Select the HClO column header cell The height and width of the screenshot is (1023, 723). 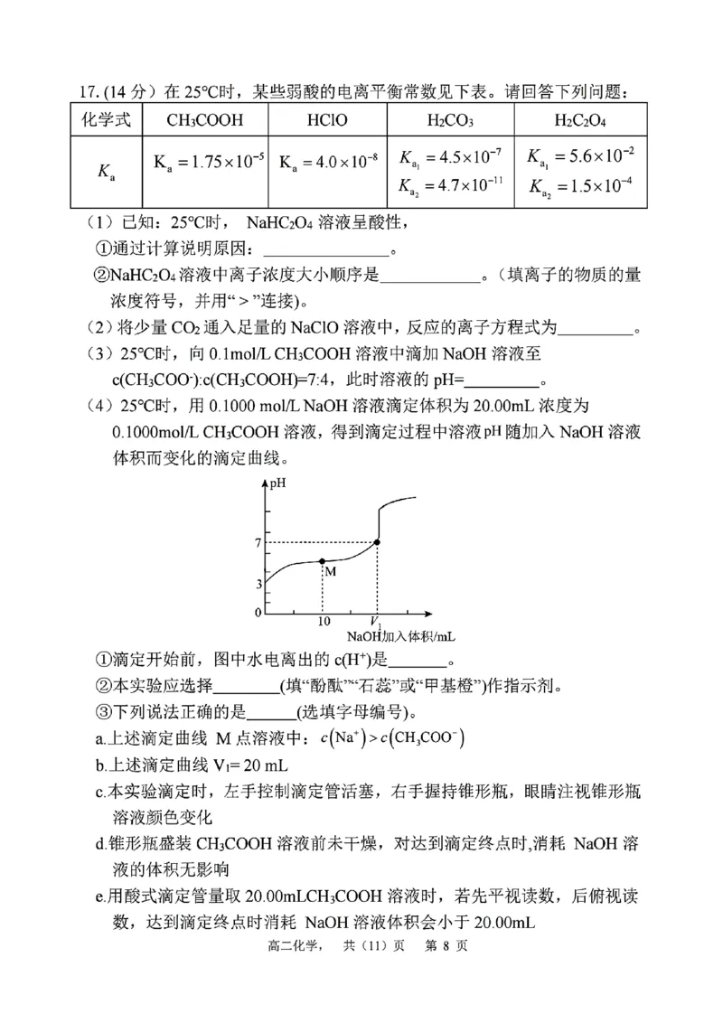tap(327, 120)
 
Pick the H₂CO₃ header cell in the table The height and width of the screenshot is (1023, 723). tap(450, 120)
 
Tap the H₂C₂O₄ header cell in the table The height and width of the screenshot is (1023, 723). tap(580, 120)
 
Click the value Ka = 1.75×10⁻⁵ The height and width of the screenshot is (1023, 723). tap(208, 164)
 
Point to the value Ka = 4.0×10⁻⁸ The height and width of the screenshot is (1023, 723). tap(328, 164)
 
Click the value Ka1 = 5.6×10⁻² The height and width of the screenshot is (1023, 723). tap(580, 154)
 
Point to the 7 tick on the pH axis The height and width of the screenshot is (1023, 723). tap(258, 542)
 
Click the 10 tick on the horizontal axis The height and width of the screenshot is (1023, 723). tap(323, 623)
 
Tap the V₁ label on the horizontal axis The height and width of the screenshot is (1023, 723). tap(376, 624)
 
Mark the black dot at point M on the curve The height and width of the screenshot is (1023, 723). tap(323, 561)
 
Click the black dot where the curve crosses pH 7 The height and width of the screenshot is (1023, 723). tap(377, 542)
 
